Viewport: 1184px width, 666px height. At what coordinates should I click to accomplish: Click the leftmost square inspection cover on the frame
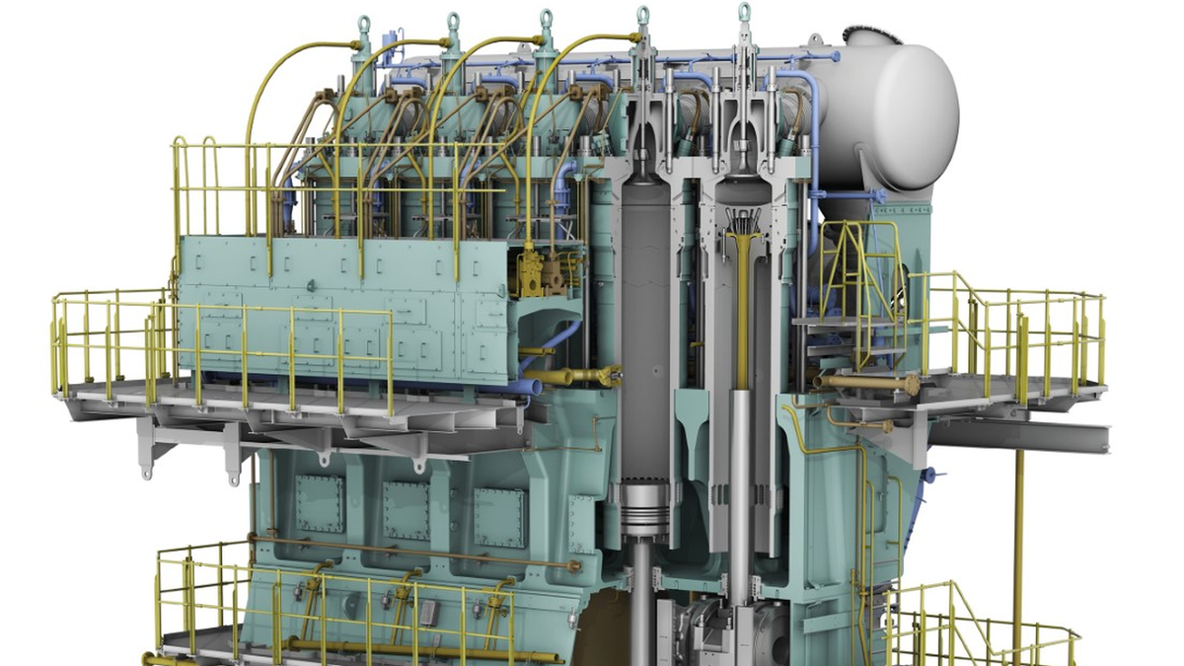click(x=319, y=503)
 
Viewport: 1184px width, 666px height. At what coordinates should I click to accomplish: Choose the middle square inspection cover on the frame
click(x=407, y=510)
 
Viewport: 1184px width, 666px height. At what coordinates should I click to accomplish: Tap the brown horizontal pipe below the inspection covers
click(x=414, y=552)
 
